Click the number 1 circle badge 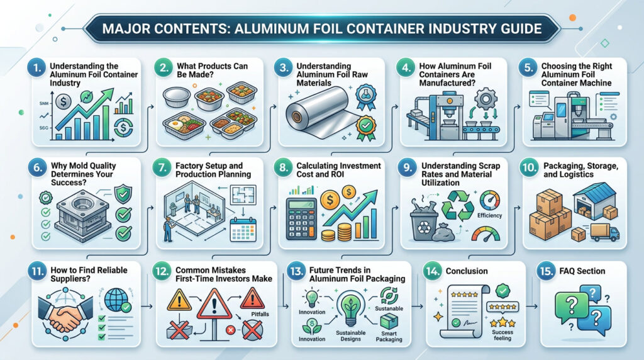tap(36, 68)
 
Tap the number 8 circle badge tap(284, 167)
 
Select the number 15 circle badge tap(546, 271)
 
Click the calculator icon tap(301, 219)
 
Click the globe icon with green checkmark tap(118, 300)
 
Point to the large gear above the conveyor tap(486, 99)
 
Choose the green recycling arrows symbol tap(458, 206)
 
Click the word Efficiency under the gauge tap(489, 215)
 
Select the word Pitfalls tap(260, 314)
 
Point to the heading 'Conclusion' tap(467, 271)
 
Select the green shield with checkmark tap(123, 194)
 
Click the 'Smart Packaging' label tap(389, 337)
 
